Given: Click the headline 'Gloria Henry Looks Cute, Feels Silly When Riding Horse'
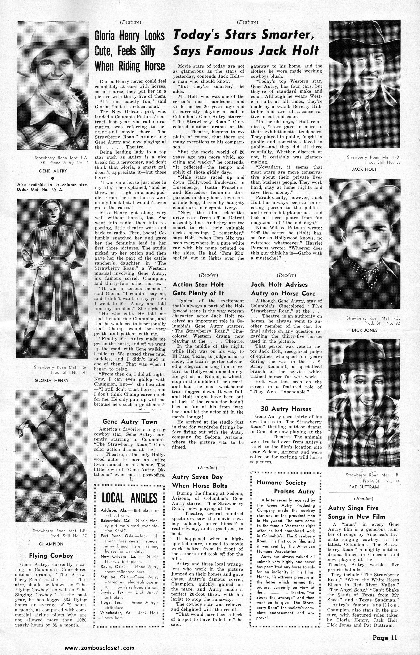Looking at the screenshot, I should tap(130, 51).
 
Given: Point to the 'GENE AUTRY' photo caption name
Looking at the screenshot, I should tap(53, 171).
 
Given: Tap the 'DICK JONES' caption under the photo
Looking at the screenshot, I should tap(364, 330).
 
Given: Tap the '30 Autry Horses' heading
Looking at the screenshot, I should tap(286, 409).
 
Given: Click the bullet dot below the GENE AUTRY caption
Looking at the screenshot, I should tap(53, 178).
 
